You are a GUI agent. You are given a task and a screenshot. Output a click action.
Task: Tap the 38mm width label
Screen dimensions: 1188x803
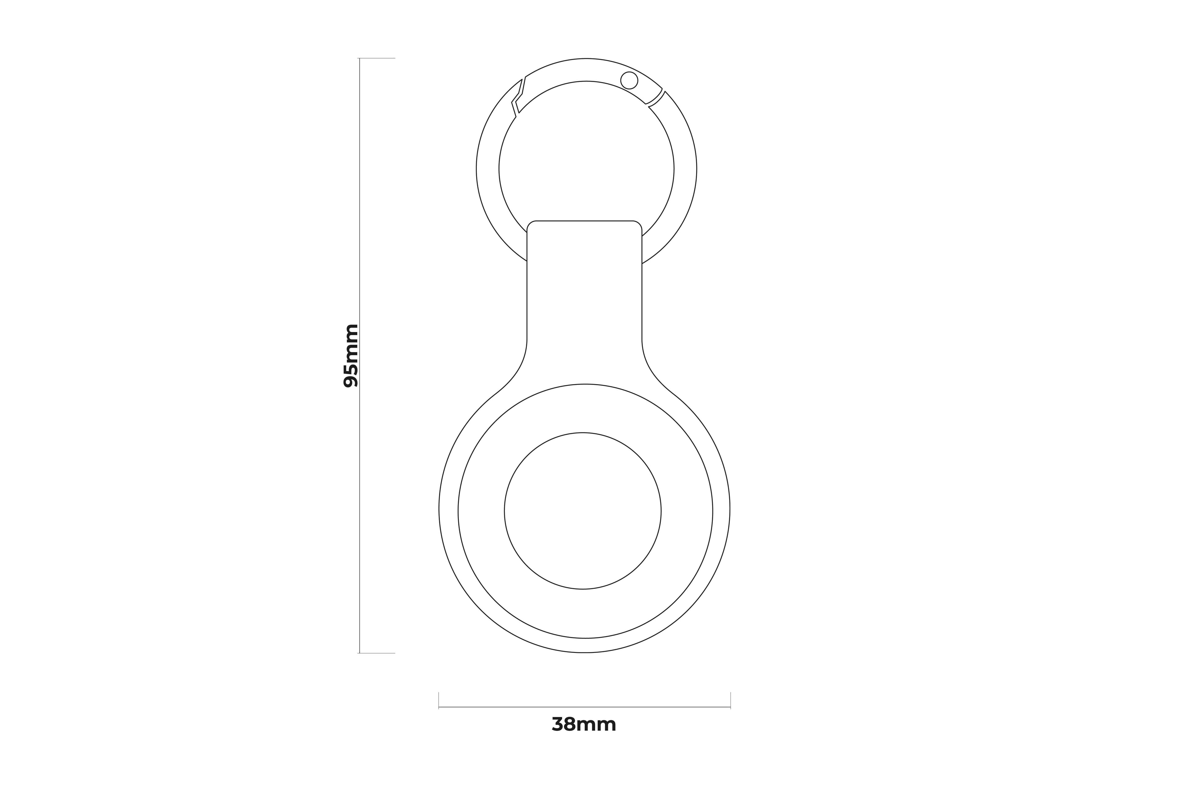point(584,725)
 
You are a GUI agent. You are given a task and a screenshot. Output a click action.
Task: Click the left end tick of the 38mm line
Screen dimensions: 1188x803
point(439,700)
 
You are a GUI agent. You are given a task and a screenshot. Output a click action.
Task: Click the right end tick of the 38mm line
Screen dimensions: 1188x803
point(730,700)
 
